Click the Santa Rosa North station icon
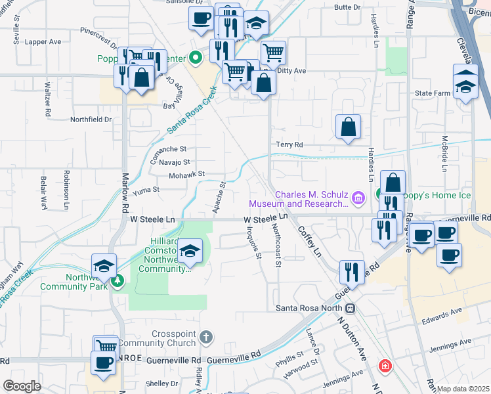[x=351, y=309]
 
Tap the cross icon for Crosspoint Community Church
[x=206, y=338]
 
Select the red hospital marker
[x=384, y=366]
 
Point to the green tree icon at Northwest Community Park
[x=117, y=282]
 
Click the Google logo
[x=22, y=386]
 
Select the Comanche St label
[x=170, y=149]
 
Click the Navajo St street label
[x=173, y=162]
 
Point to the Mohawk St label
[x=189, y=174]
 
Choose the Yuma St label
[x=146, y=190]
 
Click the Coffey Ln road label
[x=310, y=241]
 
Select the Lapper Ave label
[x=43, y=41]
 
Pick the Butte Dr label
[x=347, y=7]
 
